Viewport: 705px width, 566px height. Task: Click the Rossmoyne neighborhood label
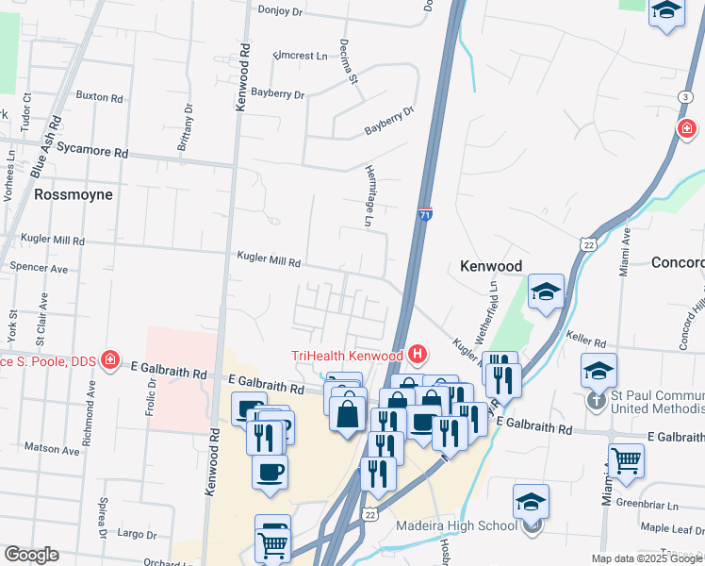(73, 194)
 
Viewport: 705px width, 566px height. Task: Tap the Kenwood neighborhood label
(490, 266)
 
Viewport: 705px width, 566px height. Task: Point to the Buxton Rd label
(99, 97)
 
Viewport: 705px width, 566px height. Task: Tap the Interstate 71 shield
(426, 216)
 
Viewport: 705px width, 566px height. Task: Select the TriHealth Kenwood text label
(346, 356)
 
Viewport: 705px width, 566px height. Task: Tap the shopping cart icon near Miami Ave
(626, 460)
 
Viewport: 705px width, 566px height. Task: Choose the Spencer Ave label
(39, 268)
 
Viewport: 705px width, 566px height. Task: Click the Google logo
(31, 555)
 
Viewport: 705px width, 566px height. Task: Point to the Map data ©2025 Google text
(647, 558)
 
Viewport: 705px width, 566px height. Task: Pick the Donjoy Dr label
(282, 10)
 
